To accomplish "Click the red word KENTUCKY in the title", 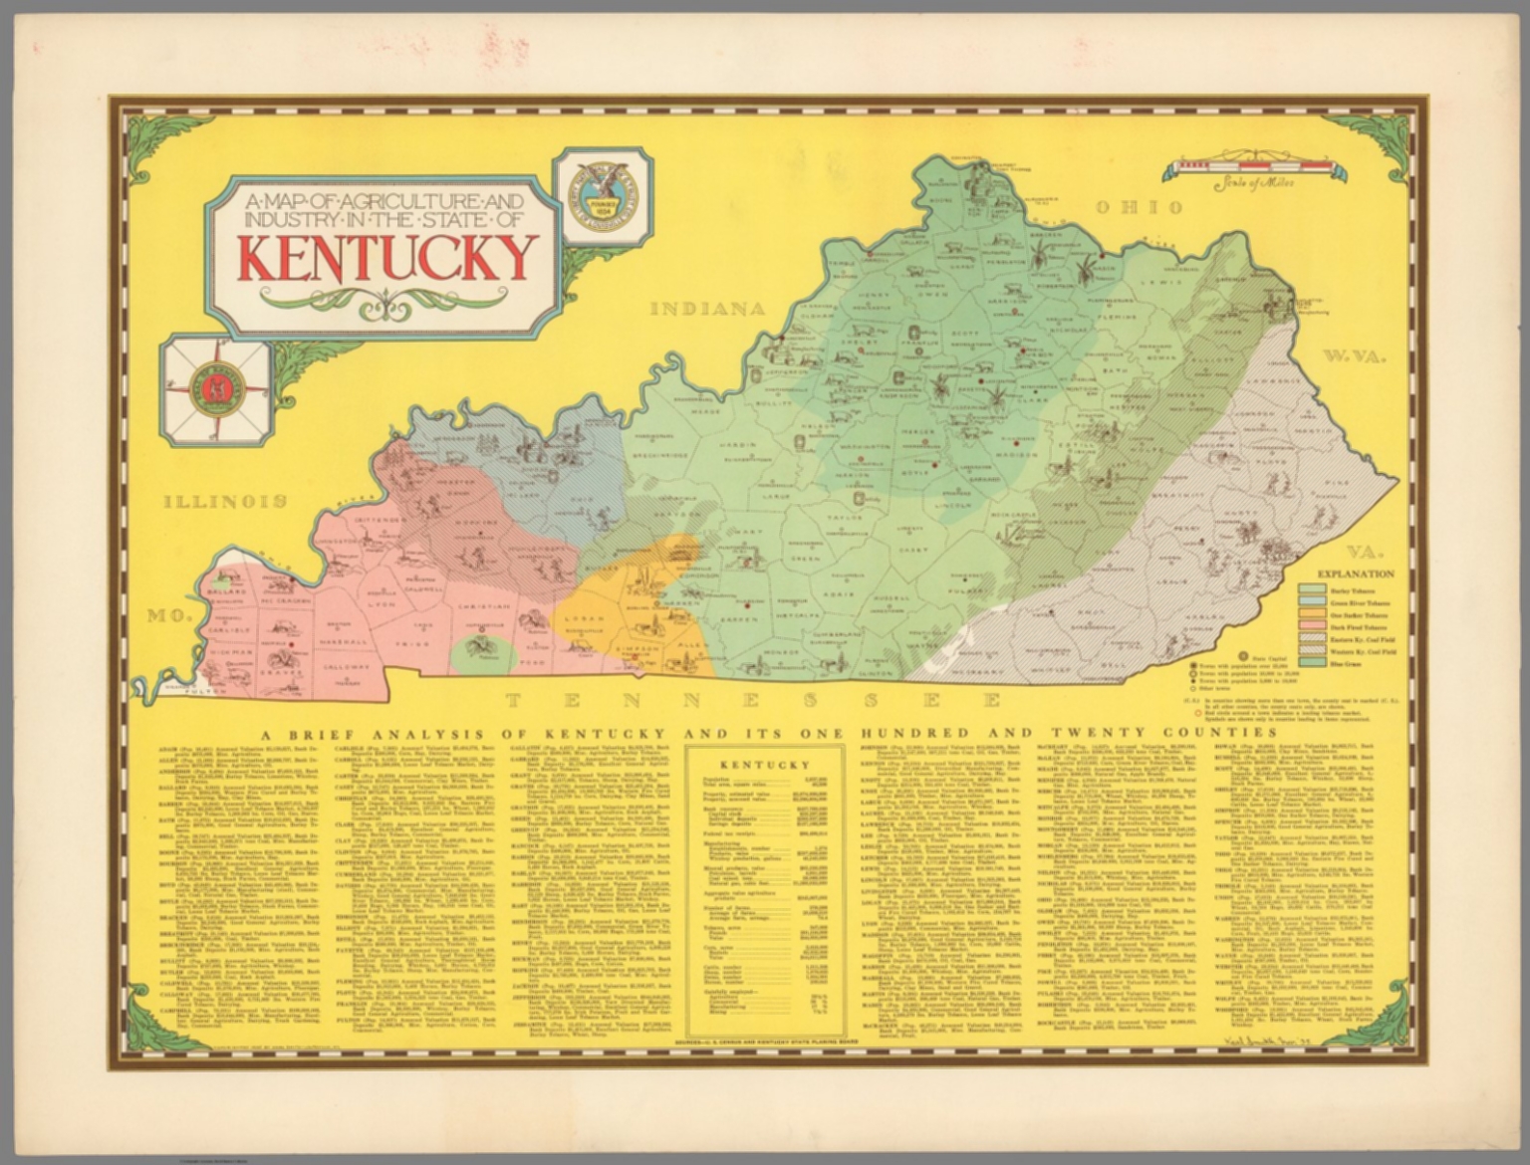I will tap(387, 259).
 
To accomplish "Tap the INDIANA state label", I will tap(708, 309).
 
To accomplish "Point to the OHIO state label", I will tap(1140, 207).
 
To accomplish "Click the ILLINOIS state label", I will tap(226, 501).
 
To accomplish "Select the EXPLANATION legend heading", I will tap(1356, 575).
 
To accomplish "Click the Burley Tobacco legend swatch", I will tap(1313, 589).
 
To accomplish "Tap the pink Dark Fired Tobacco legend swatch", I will tap(1313, 628).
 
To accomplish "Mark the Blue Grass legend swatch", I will tap(1313, 662).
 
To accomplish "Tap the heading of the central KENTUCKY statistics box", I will tap(764, 765).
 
